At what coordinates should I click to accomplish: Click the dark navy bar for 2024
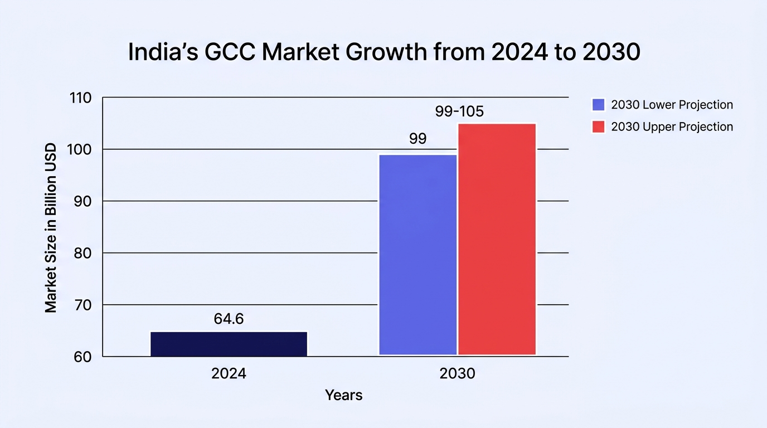[x=229, y=344]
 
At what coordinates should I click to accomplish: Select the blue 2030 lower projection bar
[x=418, y=255]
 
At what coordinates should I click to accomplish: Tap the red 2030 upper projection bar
[x=497, y=239]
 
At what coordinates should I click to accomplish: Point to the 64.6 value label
[x=229, y=319]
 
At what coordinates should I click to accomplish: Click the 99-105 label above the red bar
[x=459, y=111]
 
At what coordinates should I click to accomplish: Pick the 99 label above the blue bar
[x=418, y=139]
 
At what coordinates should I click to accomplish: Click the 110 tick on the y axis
[x=81, y=98]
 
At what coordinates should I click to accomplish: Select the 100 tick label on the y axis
[x=80, y=149]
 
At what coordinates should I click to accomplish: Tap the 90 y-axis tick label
[x=83, y=201]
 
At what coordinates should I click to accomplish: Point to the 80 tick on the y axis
[x=83, y=254]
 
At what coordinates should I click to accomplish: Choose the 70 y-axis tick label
[x=83, y=305]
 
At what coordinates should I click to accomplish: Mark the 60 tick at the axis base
[x=83, y=357]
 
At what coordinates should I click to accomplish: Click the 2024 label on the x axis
[x=229, y=373]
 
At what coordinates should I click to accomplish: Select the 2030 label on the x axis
[x=458, y=373]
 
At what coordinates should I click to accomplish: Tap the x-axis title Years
[x=343, y=395]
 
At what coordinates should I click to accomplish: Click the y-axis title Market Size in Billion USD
[x=51, y=228]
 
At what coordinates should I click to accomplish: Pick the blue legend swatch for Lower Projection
[x=599, y=105]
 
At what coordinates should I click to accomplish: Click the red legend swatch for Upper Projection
[x=599, y=127]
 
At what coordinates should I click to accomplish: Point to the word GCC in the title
[x=230, y=52]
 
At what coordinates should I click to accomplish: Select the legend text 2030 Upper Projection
[x=672, y=127]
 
